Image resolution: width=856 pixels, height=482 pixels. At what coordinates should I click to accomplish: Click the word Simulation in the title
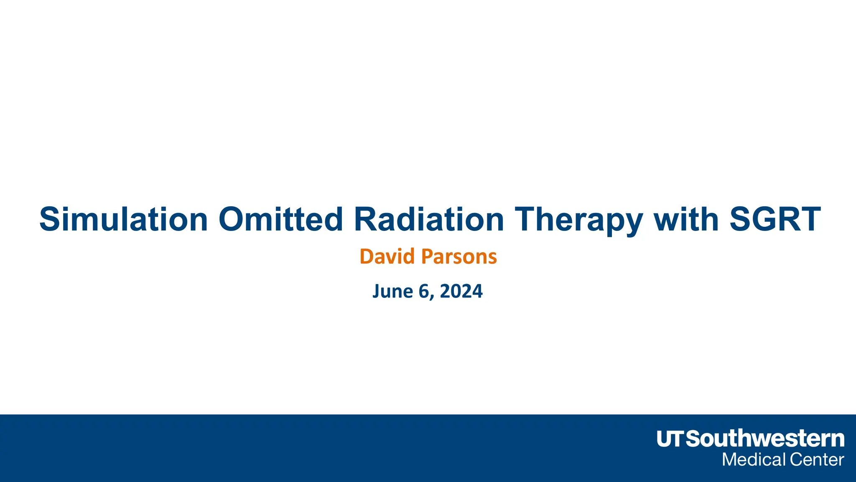coord(124,219)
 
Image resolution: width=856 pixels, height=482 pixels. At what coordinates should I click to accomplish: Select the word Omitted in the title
coord(280,219)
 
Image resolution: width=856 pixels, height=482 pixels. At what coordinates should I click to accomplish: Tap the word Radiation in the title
coord(429,219)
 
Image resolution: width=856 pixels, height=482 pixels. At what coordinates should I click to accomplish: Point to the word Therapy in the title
coord(578,219)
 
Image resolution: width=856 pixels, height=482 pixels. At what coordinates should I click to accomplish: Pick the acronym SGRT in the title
coord(775,219)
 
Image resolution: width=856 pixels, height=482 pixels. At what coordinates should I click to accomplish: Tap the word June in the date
coord(392,291)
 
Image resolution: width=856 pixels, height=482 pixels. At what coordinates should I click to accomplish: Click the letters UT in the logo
coord(670,439)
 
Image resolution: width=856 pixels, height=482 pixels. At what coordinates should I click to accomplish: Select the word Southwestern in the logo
coord(765,439)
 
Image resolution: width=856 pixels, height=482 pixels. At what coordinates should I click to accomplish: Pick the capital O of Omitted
coord(232,219)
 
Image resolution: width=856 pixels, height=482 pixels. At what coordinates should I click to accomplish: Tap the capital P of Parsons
coord(427,256)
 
